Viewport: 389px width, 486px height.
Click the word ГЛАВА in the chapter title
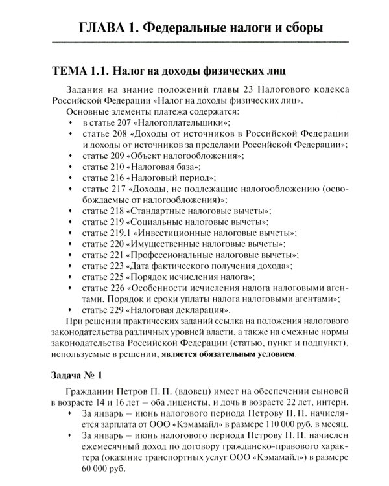tap(102, 28)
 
